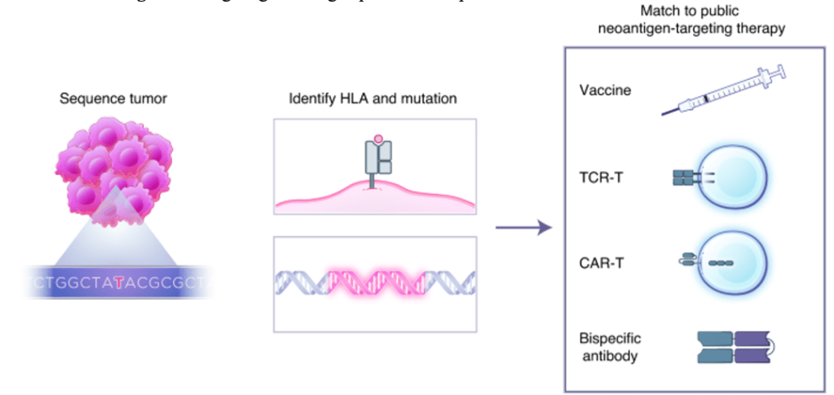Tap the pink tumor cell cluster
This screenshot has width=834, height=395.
[114, 167]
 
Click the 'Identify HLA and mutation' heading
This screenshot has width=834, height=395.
[373, 99]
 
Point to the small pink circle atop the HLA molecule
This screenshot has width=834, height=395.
[377, 139]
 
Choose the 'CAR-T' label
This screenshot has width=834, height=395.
[600, 261]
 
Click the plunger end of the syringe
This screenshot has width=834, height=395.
[782, 72]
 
